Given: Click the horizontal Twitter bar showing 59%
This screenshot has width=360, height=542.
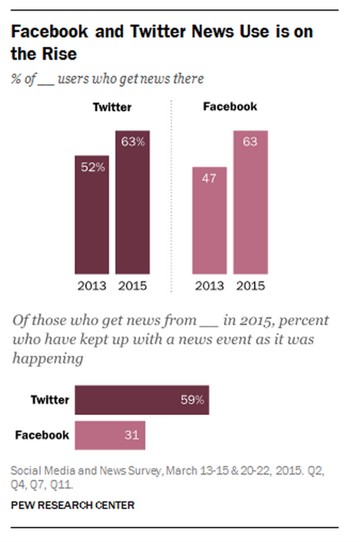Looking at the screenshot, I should [x=142, y=400].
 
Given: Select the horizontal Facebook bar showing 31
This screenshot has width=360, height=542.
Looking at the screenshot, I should [x=110, y=435].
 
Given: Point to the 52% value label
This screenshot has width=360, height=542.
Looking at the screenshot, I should [x=92, y=167].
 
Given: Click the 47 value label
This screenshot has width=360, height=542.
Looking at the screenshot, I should [x=209, y=179].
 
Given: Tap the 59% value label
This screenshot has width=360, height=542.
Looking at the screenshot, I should [x=192, y=400].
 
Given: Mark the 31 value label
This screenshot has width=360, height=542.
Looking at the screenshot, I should [x=131, y=435].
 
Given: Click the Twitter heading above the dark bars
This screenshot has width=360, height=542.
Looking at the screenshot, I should [x=112, y=107].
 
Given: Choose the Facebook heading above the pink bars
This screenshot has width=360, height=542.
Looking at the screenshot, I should [x=230, y=107].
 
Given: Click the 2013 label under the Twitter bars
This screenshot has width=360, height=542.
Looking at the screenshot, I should [x=92, y=286].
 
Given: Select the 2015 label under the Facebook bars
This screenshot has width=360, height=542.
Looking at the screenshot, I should [x=251, y=286].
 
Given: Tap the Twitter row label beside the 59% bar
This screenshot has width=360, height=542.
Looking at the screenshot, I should [x=50, y=400].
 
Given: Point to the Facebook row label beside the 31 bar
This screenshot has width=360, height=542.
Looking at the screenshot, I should [x=42, y=435].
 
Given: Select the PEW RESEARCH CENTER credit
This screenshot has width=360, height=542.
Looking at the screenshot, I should [x=73, y=505].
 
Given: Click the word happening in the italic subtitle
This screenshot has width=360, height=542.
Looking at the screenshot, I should [x=48, y=359].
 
